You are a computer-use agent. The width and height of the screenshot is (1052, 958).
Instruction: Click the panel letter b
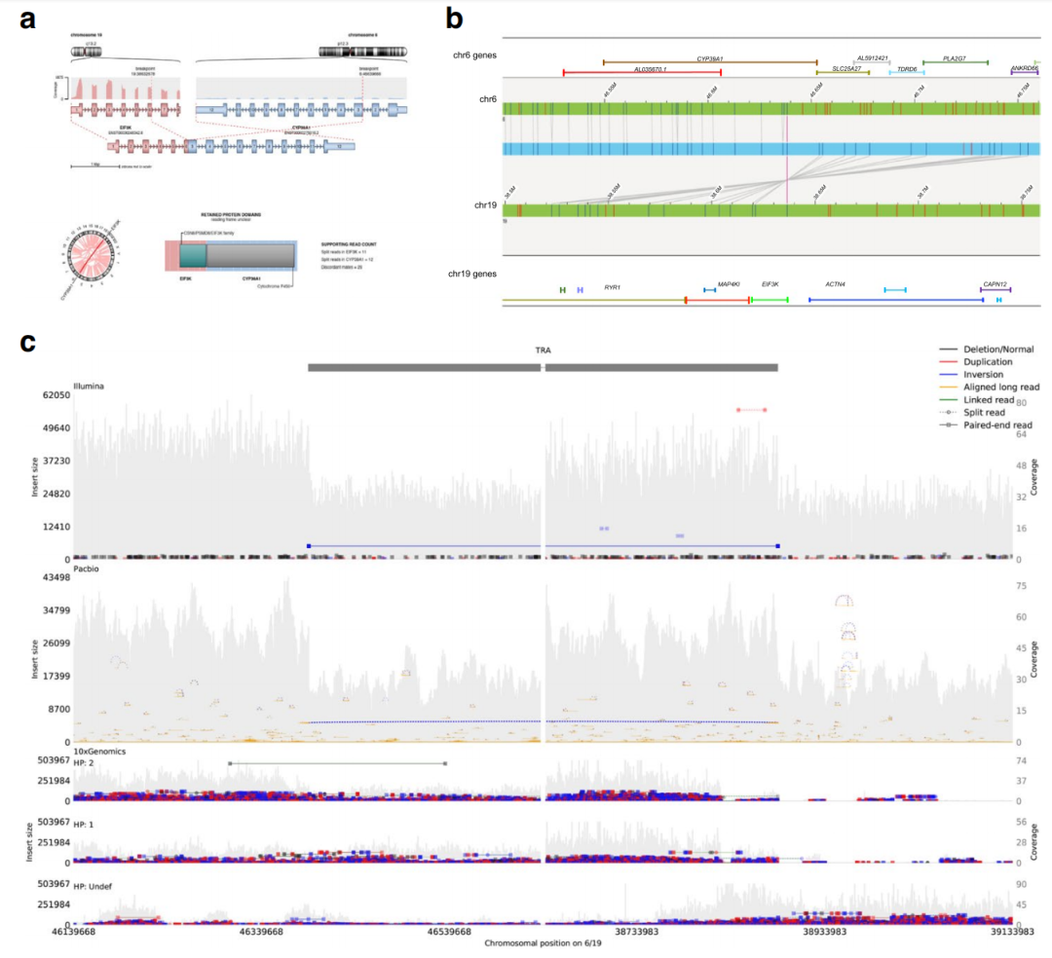point(454,18)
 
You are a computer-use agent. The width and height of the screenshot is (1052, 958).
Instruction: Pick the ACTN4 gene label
point(835,284)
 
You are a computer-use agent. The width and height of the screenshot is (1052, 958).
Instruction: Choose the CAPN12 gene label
point(995,284)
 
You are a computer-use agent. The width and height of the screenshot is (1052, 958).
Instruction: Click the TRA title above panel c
point(544,350)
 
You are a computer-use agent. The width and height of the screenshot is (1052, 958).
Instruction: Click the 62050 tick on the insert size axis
point(54,395)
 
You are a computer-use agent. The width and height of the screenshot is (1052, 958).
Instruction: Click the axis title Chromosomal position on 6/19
point(544,944)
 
